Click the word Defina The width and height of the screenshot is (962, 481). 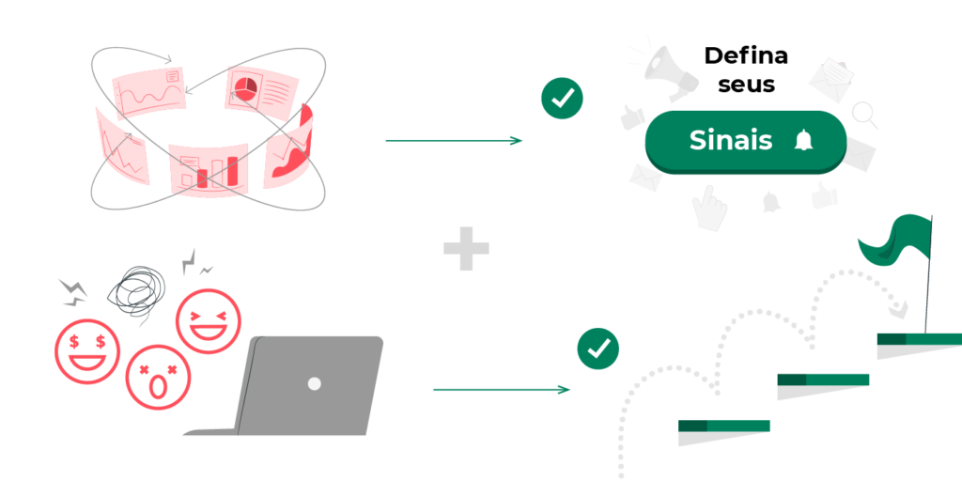tap(745, 55)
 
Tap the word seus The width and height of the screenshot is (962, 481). tap(747, 85)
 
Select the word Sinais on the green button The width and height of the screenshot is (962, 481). tap(731, 141)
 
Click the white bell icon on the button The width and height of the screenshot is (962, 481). tap(803, 141)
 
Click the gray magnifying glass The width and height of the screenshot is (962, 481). tap(865, 115)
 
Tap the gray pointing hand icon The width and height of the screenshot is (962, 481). tap(709, 208)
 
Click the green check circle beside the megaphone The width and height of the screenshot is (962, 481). tap(562, 98)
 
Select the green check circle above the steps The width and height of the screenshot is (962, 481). tap(598, 349)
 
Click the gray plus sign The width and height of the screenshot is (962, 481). tap(466, 248)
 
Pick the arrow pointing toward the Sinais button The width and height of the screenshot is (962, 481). tap(454, 141)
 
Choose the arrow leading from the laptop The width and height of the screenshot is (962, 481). tap(502, 390)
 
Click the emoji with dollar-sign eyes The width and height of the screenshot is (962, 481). tap(87, 351)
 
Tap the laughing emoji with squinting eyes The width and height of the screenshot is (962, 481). tap(209, 321)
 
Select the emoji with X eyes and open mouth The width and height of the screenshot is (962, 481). tap(158, 377)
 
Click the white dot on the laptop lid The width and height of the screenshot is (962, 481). tap(314, 384)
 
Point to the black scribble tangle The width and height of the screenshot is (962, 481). tap(136, 290)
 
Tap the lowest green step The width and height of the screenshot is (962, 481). tap(724, 426)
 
